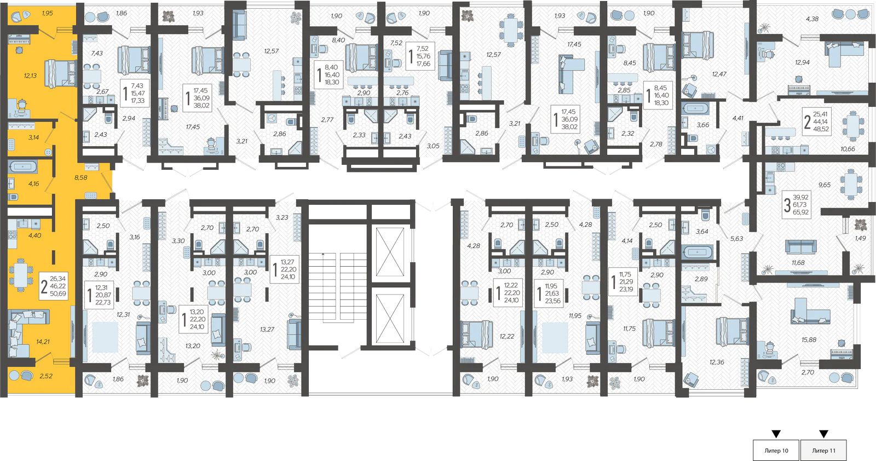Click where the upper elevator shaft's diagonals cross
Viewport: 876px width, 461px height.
point(390,252)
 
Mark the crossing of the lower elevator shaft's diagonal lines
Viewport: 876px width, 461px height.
point(390,318)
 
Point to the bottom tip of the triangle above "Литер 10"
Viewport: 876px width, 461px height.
point(776,437)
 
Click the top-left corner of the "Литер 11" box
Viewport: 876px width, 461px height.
point(800,440)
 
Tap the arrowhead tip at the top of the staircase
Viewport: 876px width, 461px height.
point(323,253)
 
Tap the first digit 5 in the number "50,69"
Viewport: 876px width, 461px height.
point(52,293)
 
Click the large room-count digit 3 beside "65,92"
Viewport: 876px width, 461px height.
point(787,205)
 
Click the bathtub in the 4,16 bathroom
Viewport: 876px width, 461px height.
point(23,167)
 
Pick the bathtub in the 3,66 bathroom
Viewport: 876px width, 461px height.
point(696,108)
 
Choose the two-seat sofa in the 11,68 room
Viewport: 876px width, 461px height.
point(801,247)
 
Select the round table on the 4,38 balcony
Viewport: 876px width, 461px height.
point(851,14)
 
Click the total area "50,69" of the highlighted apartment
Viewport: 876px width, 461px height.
point(58,293)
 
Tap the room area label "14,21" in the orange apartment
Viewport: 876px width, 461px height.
point(43,342)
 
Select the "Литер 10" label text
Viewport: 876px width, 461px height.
point(776,451)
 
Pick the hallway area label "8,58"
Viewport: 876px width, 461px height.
point(81,177)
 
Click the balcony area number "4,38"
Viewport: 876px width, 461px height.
point(812,19)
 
